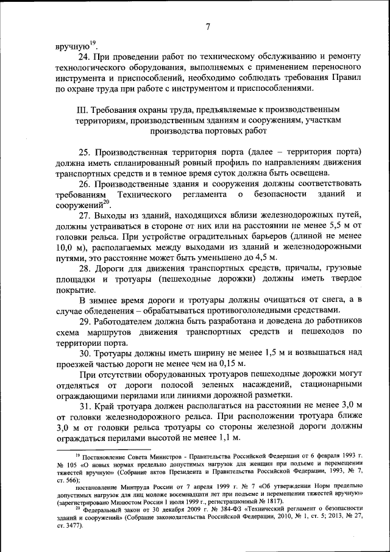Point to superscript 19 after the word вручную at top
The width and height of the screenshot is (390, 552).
point(94,42)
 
